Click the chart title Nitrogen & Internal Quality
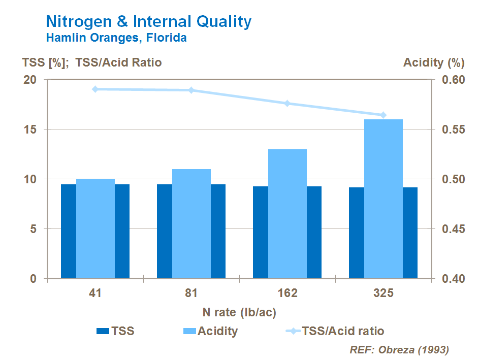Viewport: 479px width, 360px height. click(148, 21)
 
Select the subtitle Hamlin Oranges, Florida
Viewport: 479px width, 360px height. click(116, 38)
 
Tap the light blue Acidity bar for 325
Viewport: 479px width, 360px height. click(384, 198)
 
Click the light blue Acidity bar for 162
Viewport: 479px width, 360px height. click(288, 213)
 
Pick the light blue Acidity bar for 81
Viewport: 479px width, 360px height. click(191, 223)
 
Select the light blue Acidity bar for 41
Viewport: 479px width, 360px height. click(95, 228)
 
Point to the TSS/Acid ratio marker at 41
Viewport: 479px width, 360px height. click(95, 89)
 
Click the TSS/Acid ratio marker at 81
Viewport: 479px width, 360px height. click(191, 90)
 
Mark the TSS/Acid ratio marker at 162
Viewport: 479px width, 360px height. click(288, 104)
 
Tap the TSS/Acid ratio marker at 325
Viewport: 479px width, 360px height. click(384, 115)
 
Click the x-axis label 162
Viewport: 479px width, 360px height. click(288, 293)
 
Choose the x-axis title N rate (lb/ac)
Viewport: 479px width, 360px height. click(240, 311)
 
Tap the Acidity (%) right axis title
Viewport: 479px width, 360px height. click(434, 63)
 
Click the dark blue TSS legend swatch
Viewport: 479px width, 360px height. click(103, 332)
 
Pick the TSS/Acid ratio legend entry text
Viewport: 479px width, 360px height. click(343, 332)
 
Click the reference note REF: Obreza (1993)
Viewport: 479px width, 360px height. click(399, 350)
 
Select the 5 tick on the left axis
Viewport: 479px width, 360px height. click(34, 230)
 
